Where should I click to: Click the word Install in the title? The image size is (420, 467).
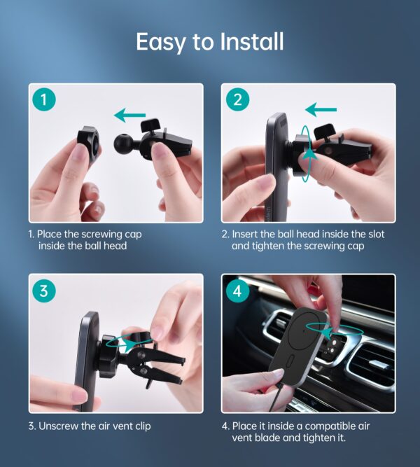(252, 41)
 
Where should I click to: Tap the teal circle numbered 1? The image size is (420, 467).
(44, 99)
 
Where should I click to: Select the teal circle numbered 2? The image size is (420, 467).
(237, 99)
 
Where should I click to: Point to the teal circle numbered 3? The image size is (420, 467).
(44, 290)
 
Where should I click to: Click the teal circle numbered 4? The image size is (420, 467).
(237, 290)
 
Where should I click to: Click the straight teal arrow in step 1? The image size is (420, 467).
(130, 116)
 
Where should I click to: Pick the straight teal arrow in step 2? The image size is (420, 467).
(321, 109)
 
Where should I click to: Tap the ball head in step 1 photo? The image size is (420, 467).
(122, 143)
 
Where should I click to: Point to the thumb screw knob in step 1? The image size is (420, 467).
(150, 125)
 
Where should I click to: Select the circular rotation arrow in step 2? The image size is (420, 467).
(306, 153)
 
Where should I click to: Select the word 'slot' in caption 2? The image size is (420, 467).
(376, 234)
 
